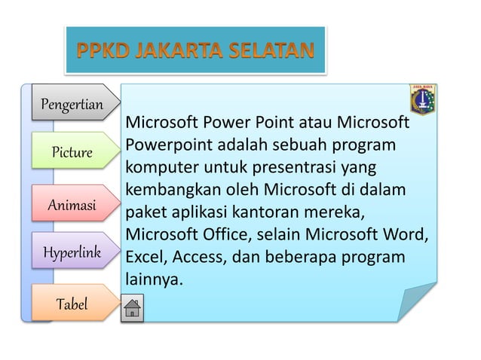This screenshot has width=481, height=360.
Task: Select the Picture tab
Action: pos(72,153)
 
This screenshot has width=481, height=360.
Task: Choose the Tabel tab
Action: pos(72,304)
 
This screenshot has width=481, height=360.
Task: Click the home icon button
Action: pos(132,309)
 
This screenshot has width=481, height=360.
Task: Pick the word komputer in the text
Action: pos(158,164)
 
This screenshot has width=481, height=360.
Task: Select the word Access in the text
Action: pos(198,258)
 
